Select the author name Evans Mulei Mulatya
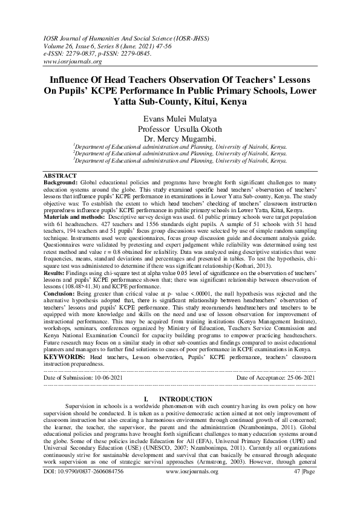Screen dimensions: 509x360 (180, 119)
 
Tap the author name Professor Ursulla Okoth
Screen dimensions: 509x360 (180, 129)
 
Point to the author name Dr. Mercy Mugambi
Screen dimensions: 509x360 (180, 140)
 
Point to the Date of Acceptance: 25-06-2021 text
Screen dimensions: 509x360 (275, 377)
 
